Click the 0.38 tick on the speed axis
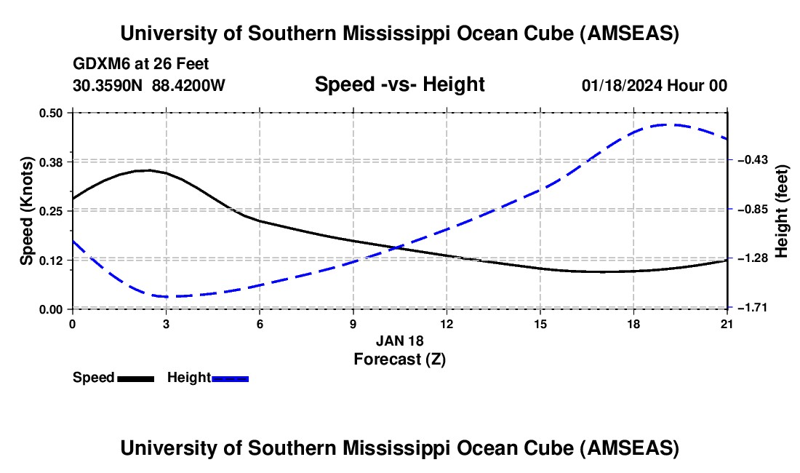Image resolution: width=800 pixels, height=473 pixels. click(55, 161)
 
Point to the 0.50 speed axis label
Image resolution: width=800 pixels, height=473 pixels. click(55, 112)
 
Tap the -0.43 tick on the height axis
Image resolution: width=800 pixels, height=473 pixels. click(752, 160)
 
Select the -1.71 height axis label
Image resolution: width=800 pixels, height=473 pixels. click(752, 308)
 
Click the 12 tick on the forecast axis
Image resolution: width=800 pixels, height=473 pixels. click(447, 324)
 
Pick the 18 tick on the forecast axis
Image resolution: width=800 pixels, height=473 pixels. click(633, 324)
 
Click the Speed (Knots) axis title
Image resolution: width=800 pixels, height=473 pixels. click(27, 210)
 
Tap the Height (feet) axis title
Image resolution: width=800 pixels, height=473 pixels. click(782, 211)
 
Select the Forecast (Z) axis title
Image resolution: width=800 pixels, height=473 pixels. click(399, 359)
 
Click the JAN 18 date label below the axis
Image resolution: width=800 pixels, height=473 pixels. click(399, 341)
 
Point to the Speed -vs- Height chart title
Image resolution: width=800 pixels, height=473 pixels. click(399, 84)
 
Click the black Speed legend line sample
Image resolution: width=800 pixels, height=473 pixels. click(136, 378)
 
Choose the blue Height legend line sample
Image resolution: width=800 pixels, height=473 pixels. click(231, 378)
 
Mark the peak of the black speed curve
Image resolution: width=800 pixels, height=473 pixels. click(148, 170)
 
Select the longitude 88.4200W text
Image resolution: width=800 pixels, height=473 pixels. click(188, 85)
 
